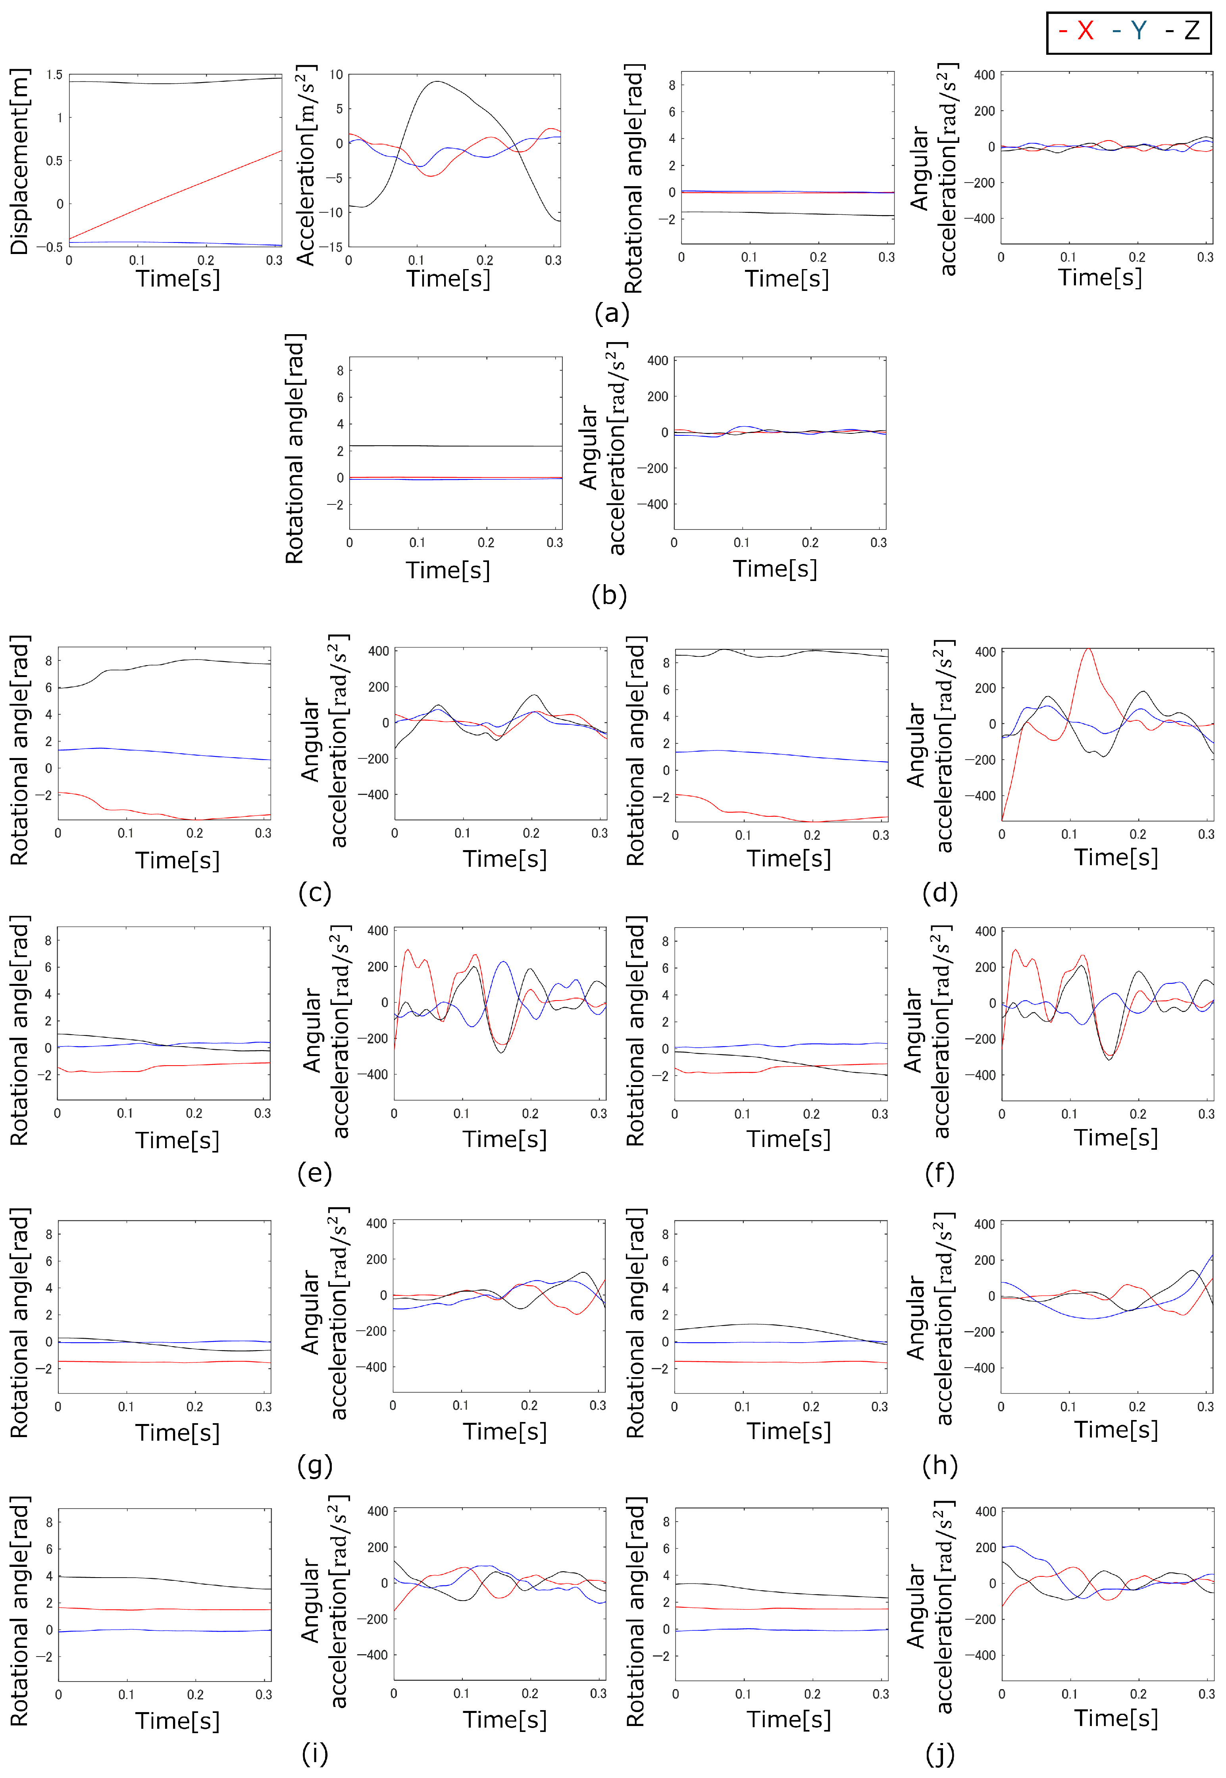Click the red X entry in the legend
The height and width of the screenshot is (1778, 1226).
point(1077,31)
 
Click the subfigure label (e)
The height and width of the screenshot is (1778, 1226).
point(315,1173)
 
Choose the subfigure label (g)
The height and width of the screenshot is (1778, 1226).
point(315,1465)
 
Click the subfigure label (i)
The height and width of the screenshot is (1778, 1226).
point(315,1753)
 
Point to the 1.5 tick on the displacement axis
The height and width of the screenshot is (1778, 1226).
point(54,75)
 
